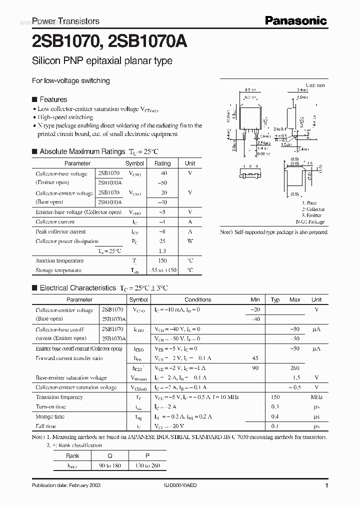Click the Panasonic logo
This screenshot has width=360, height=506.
(x=295, y=20)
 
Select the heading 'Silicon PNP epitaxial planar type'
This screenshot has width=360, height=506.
(x=102, y=61)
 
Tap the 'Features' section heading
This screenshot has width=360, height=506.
(x=53, y=99)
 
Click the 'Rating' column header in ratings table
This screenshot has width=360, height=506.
(x=162, y=163)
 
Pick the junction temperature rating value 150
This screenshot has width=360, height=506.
(x=162, y=260)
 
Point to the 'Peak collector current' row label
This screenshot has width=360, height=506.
(x=60, y=231)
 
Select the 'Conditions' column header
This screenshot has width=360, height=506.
(x=197, y=299)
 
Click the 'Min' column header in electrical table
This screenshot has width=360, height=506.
(x=255, y=299)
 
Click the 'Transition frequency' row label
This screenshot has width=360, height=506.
(x=59, y=397)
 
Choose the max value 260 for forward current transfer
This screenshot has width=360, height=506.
(x=294, y=368)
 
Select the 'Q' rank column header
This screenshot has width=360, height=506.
(x=110, y=455)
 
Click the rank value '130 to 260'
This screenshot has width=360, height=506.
(x=147, y=465)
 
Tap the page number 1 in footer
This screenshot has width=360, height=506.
(x=326, y=486)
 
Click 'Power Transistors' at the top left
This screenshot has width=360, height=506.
(x=65, y=21)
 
